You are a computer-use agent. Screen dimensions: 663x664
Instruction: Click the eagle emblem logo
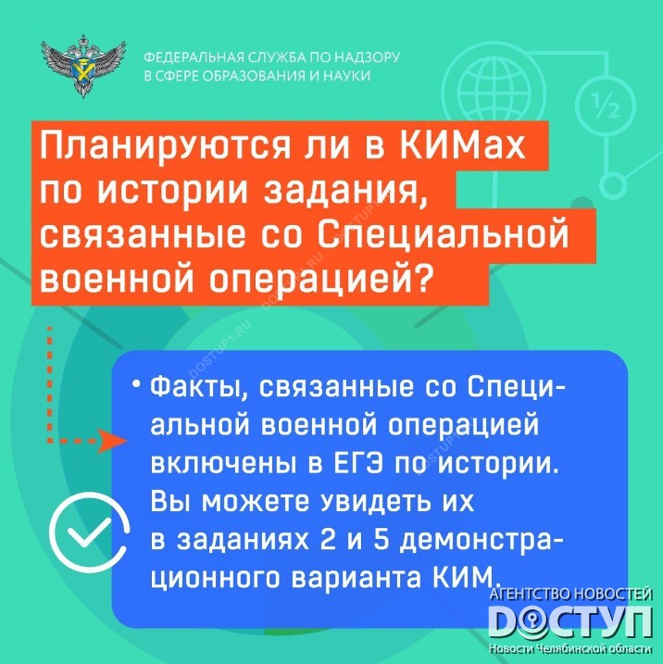83,67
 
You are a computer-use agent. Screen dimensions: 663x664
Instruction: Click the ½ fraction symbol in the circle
606,106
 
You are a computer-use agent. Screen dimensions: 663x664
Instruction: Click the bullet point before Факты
135,384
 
